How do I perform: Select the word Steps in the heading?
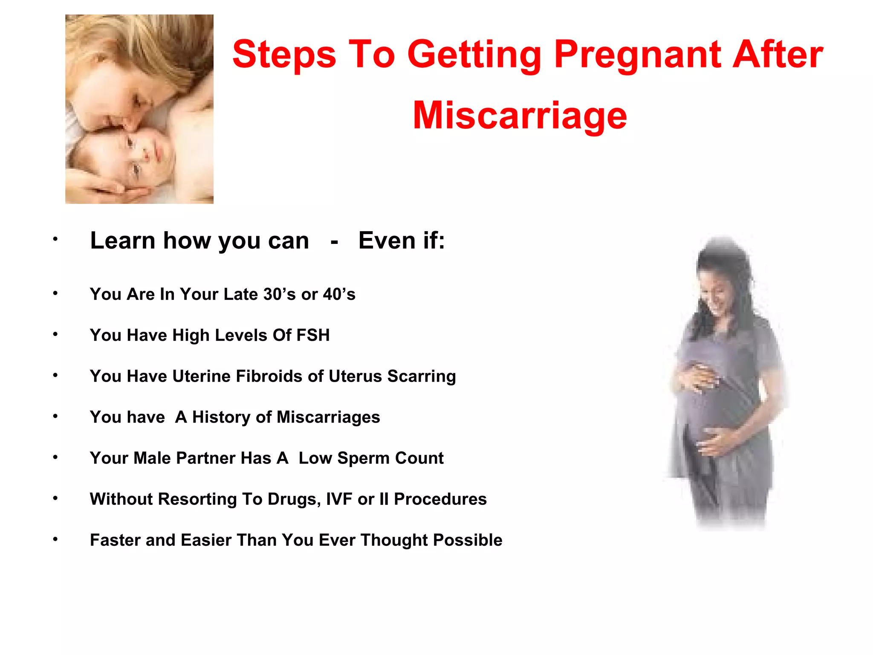[x=284, y=54]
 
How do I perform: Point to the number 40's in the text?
[x=339, y=294]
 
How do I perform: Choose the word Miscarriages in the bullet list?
[x=328, y=417]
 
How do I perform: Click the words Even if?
[x=402, y=241]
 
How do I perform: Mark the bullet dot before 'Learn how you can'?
[x=55, y=239]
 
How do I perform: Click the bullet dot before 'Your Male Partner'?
[x=55, y=457]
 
